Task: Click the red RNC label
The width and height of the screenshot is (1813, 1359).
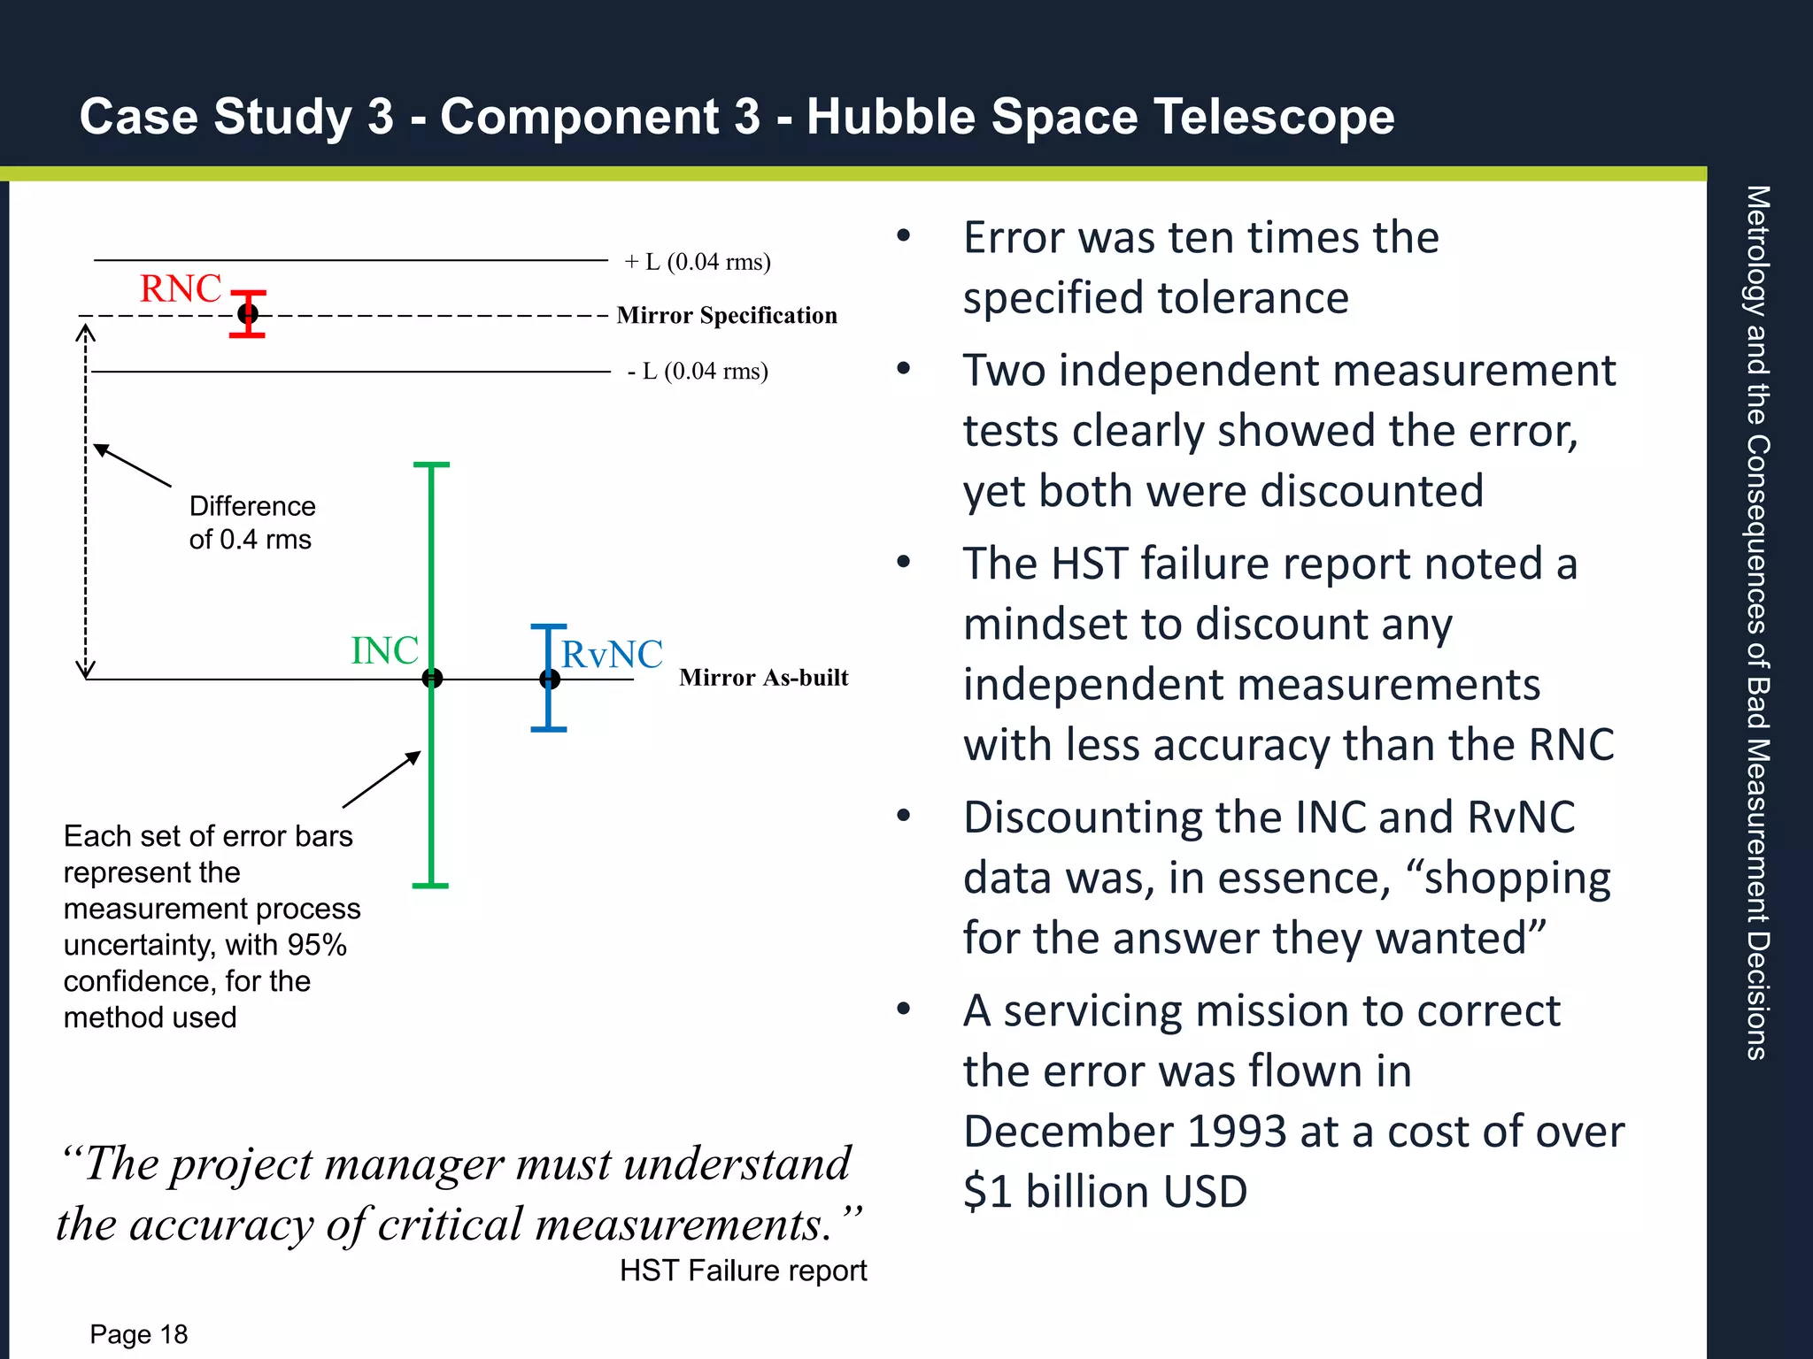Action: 181,288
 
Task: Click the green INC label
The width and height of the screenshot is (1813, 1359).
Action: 384,651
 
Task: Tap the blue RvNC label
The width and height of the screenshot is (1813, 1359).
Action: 612,655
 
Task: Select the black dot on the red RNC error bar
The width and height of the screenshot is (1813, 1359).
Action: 248,313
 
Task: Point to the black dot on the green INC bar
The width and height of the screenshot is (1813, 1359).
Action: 432,679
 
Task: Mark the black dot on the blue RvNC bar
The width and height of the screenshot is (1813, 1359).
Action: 550,679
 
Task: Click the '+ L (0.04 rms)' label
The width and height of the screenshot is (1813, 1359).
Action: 698,262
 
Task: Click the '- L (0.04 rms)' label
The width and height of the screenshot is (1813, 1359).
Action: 698,371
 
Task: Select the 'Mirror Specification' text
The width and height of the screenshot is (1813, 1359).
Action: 726,315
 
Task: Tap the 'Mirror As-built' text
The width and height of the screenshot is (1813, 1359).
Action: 763,678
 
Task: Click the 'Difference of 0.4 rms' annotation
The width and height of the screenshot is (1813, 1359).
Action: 251,523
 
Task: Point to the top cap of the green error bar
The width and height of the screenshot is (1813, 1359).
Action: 431,465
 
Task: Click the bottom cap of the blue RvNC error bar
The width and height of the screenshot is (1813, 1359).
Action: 549,729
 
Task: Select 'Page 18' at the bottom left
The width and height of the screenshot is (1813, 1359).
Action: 139,1334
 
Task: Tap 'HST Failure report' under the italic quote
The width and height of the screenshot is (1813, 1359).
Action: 743,1271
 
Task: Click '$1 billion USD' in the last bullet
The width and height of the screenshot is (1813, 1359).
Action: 1105,1192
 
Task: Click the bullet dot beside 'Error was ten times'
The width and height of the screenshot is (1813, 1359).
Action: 903,236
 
